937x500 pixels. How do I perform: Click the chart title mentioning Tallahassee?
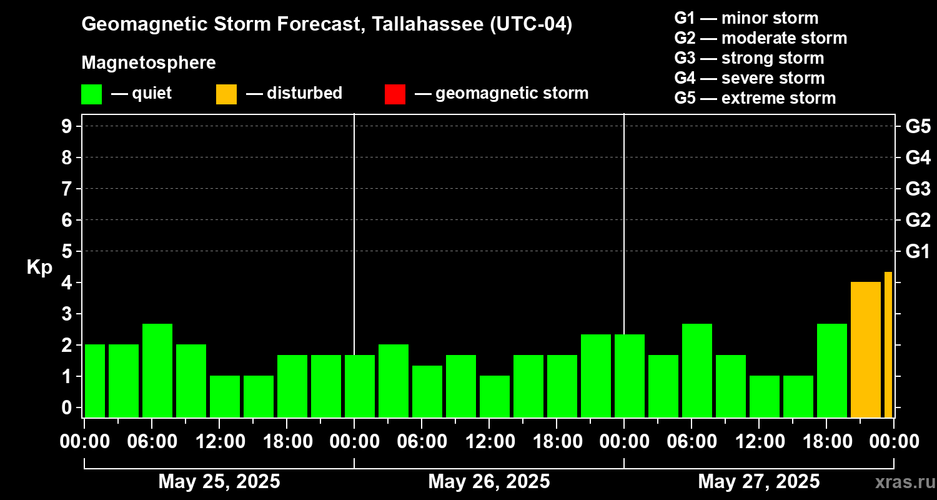coord(327,24)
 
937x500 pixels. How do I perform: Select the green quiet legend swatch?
coord(91,94)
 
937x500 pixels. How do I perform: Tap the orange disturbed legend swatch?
coord(226,94)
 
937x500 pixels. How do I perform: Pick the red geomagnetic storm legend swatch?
coord(395,94)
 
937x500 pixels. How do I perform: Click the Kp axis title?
coord(39,267)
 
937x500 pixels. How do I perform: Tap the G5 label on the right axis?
coord(918,126)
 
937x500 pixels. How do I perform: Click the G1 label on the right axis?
coord(918,251)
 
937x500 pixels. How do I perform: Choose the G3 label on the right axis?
coord(918,189)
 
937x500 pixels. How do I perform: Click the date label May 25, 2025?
coord(219,482)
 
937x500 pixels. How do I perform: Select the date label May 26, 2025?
coord(489,482)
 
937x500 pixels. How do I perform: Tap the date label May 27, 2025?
coord(758,482)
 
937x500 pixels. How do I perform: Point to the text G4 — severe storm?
coord(749,78)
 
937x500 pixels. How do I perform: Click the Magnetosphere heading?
coord(149,63)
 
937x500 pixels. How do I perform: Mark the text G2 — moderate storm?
coord(760,38)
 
